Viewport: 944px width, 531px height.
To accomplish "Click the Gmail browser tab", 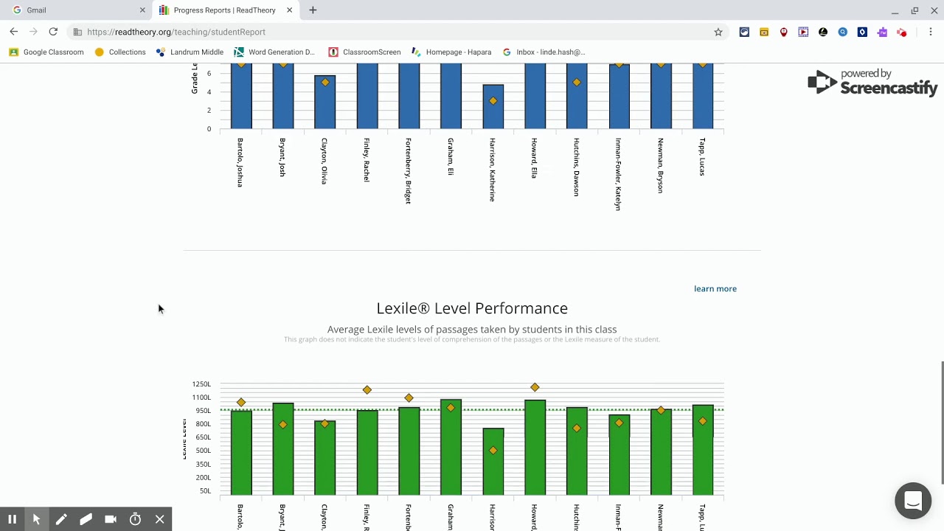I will [x=36, y=10].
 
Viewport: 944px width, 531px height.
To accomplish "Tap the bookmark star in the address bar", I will [x=718, y=32].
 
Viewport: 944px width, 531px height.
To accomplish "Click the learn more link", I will [x=715, y=288].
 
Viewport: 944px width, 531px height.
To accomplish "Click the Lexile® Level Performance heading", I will [x=472, y=308].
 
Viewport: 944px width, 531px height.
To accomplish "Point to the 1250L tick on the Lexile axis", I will [x=201, y=384].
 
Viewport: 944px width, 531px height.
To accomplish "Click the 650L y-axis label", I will [x=202, y=437].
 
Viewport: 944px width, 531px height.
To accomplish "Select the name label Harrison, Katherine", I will [x=493, y=170].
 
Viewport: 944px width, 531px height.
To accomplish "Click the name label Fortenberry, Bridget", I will [x=409, y=170].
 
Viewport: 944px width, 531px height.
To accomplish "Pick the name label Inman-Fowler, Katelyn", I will [x=619, y=174].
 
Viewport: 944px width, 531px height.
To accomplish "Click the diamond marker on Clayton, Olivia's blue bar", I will [x=325, y=82].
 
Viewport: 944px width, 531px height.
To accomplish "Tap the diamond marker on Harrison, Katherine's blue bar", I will [x=493, y=101].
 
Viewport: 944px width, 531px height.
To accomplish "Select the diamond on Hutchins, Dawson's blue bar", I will [x=577, y=82].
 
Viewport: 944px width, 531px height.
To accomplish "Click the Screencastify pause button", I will [x=12, y=519].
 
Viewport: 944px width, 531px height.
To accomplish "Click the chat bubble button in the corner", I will [x=913, y=502].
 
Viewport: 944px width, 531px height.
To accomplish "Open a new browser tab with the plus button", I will [x=313, y=10].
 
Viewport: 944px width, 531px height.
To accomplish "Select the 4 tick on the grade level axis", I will [x=209, y=92].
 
